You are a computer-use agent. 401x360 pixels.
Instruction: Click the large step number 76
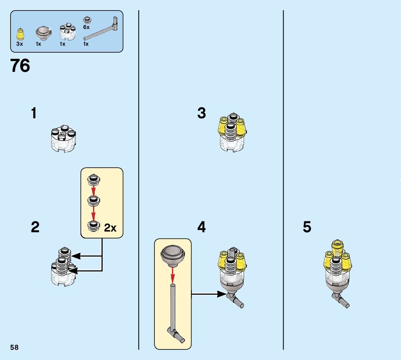click(20, 66)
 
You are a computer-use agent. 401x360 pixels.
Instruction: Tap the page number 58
click(15, 348)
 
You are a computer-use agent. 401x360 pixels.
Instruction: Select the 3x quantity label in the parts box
click(20, 44)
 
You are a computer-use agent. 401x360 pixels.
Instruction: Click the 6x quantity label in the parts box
click(86, 27)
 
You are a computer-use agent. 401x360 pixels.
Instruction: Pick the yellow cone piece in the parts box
click(20, 34)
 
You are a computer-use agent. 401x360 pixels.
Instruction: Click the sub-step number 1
click(34, 113)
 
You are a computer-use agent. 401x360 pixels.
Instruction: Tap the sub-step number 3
click(202, 113)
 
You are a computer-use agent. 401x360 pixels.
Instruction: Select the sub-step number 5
click(307, 228)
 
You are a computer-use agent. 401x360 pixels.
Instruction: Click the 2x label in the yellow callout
click(110, 228)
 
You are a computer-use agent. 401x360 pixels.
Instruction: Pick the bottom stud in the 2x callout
click(93, 226)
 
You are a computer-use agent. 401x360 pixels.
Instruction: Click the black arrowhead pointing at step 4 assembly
click(221, 294)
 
